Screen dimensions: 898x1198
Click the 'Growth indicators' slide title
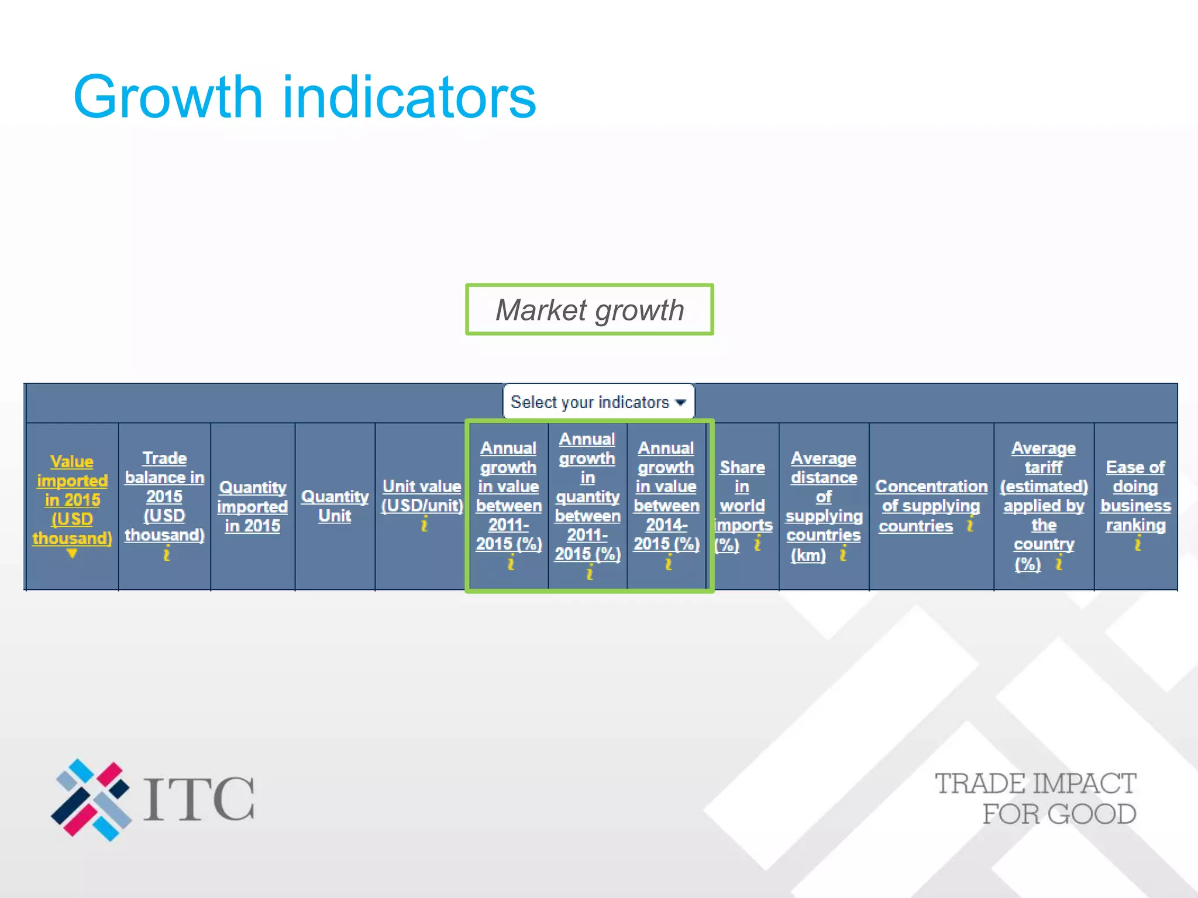tap(304, 96)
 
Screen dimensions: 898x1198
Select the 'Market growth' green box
tap(590, 310)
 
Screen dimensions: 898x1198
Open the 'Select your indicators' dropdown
tap(598, 402)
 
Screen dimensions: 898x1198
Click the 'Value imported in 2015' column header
tap(72, 500)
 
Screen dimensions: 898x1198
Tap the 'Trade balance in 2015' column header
tap(164, 496)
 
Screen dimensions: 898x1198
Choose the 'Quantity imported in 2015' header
tap(253, 506)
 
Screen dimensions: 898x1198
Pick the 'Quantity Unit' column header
tap(335, 506)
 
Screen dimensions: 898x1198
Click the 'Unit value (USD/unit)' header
tap(422, 496)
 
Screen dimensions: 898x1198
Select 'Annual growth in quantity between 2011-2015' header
tap(587, 496)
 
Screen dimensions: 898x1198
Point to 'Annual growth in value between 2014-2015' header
tap(666, 496)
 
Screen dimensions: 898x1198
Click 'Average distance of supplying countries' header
tap(824, 506)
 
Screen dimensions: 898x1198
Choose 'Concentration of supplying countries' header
tap(931, 506)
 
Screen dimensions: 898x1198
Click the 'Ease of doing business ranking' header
tap(1135, 496)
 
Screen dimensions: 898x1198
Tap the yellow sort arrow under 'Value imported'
tap(72, 553)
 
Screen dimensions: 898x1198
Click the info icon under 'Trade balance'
tap(167, 554)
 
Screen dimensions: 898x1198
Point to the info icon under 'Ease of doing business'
tap(1138, 544)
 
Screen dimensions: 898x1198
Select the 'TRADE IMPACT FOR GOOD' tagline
tap(1035, 799)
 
